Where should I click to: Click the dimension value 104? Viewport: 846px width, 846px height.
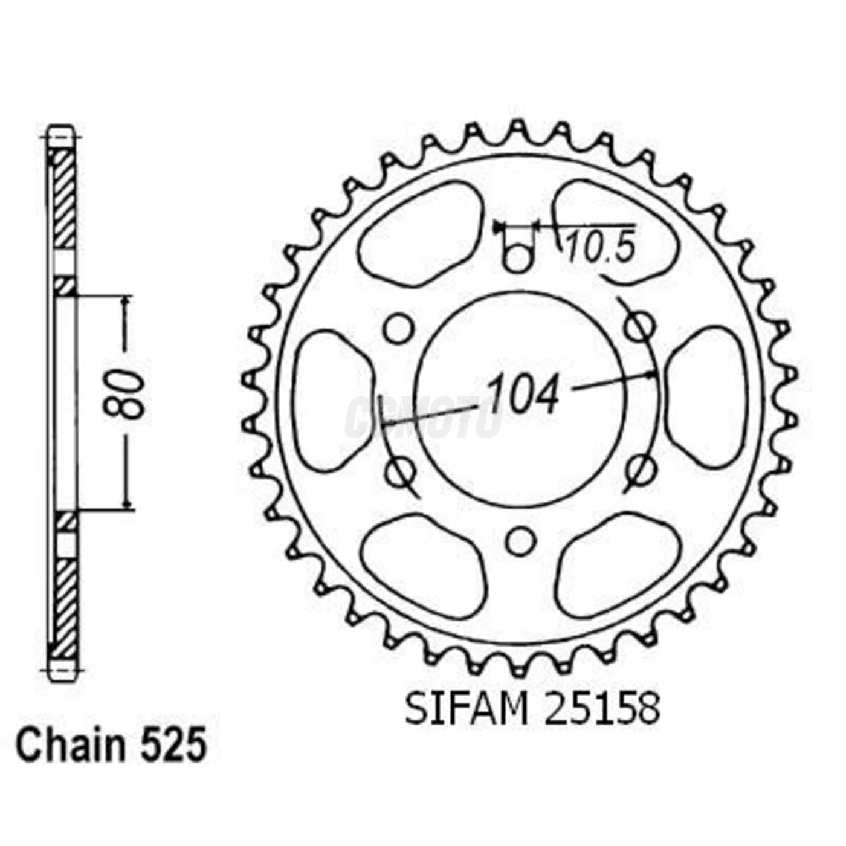click(523, 395)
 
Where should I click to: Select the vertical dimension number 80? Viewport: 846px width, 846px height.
click(126, 395)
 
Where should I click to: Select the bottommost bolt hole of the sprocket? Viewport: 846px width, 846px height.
click(520, 541)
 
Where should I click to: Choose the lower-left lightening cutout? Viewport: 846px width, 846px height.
click(423, 565)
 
